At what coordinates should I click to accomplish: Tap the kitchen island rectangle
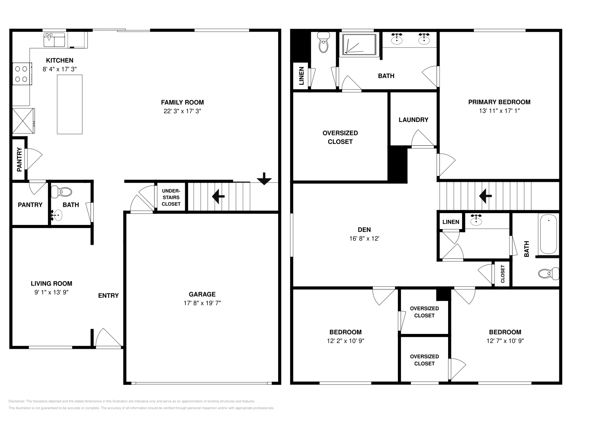click(70, 104)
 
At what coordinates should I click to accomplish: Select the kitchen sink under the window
click(54, 40)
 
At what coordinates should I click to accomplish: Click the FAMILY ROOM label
click(182, 102)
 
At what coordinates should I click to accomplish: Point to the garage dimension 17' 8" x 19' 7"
click(202, 303)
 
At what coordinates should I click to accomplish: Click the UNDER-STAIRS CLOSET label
click(171, 197)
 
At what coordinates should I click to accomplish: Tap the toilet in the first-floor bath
click(62, 192)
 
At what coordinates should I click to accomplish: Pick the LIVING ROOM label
click(51, 283)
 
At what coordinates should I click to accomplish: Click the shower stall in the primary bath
click(359, 45)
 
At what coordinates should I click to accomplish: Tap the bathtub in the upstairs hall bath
click(549, 234)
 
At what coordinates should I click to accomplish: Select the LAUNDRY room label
click(413, 120)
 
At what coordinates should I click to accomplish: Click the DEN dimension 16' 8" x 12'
click(364, 239)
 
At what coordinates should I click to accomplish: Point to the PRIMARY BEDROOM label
click(499, 102)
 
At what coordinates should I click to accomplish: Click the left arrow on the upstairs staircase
click(485, 196)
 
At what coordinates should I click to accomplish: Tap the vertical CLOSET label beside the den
click(503, 274)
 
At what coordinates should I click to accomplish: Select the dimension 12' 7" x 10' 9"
click(505, 341)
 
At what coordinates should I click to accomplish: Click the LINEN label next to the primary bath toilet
click(302, 76)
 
